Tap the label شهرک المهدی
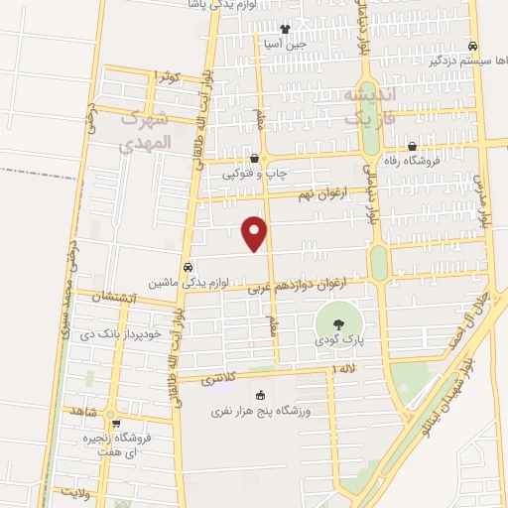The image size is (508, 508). coord(146,130)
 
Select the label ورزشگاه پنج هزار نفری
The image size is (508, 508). coord(261,411)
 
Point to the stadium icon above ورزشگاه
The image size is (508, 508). coord(261,396)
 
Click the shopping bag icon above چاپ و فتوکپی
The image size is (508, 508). coord(255,157)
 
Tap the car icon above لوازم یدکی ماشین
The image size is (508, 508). coord(187,267)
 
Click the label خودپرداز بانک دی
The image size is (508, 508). coord(117,333)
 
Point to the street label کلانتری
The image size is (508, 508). coord(219,379)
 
